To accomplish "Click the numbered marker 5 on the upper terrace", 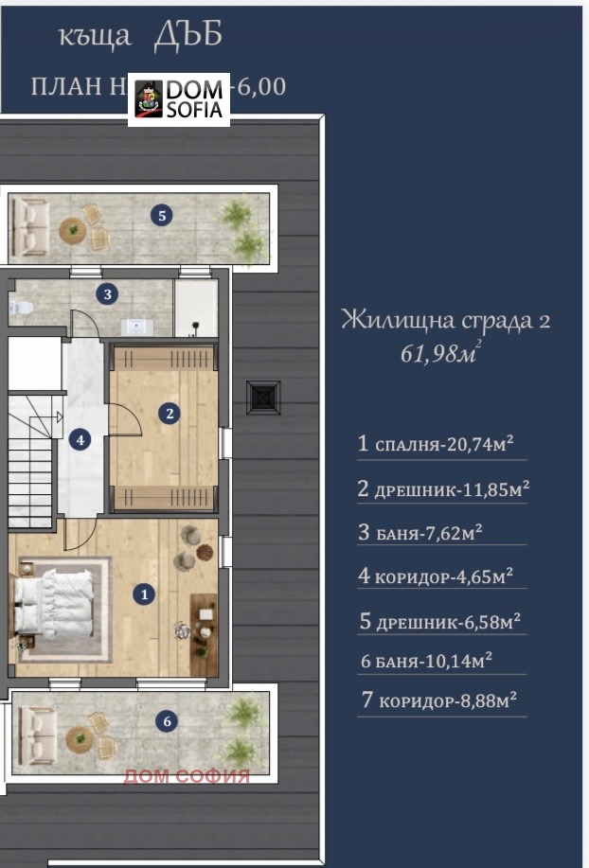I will pyautogui.click(x=163, y=216).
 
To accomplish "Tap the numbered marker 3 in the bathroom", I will pyautogui.click(x=109, y=294).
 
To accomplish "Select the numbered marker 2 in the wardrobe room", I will pyautogui.click(x=170, y=413).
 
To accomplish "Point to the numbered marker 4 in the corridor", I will pyautogui.click(x=80, y=439).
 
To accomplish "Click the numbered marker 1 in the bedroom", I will pyautogui.click(x=144, y=594).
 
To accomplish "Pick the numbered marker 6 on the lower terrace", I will pyautogui.click(x=168, y=722).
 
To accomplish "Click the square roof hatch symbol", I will pyautogui.click(x=262, y=397).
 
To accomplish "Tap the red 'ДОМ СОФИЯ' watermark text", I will pyautogui.click(x=187, y=777).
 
